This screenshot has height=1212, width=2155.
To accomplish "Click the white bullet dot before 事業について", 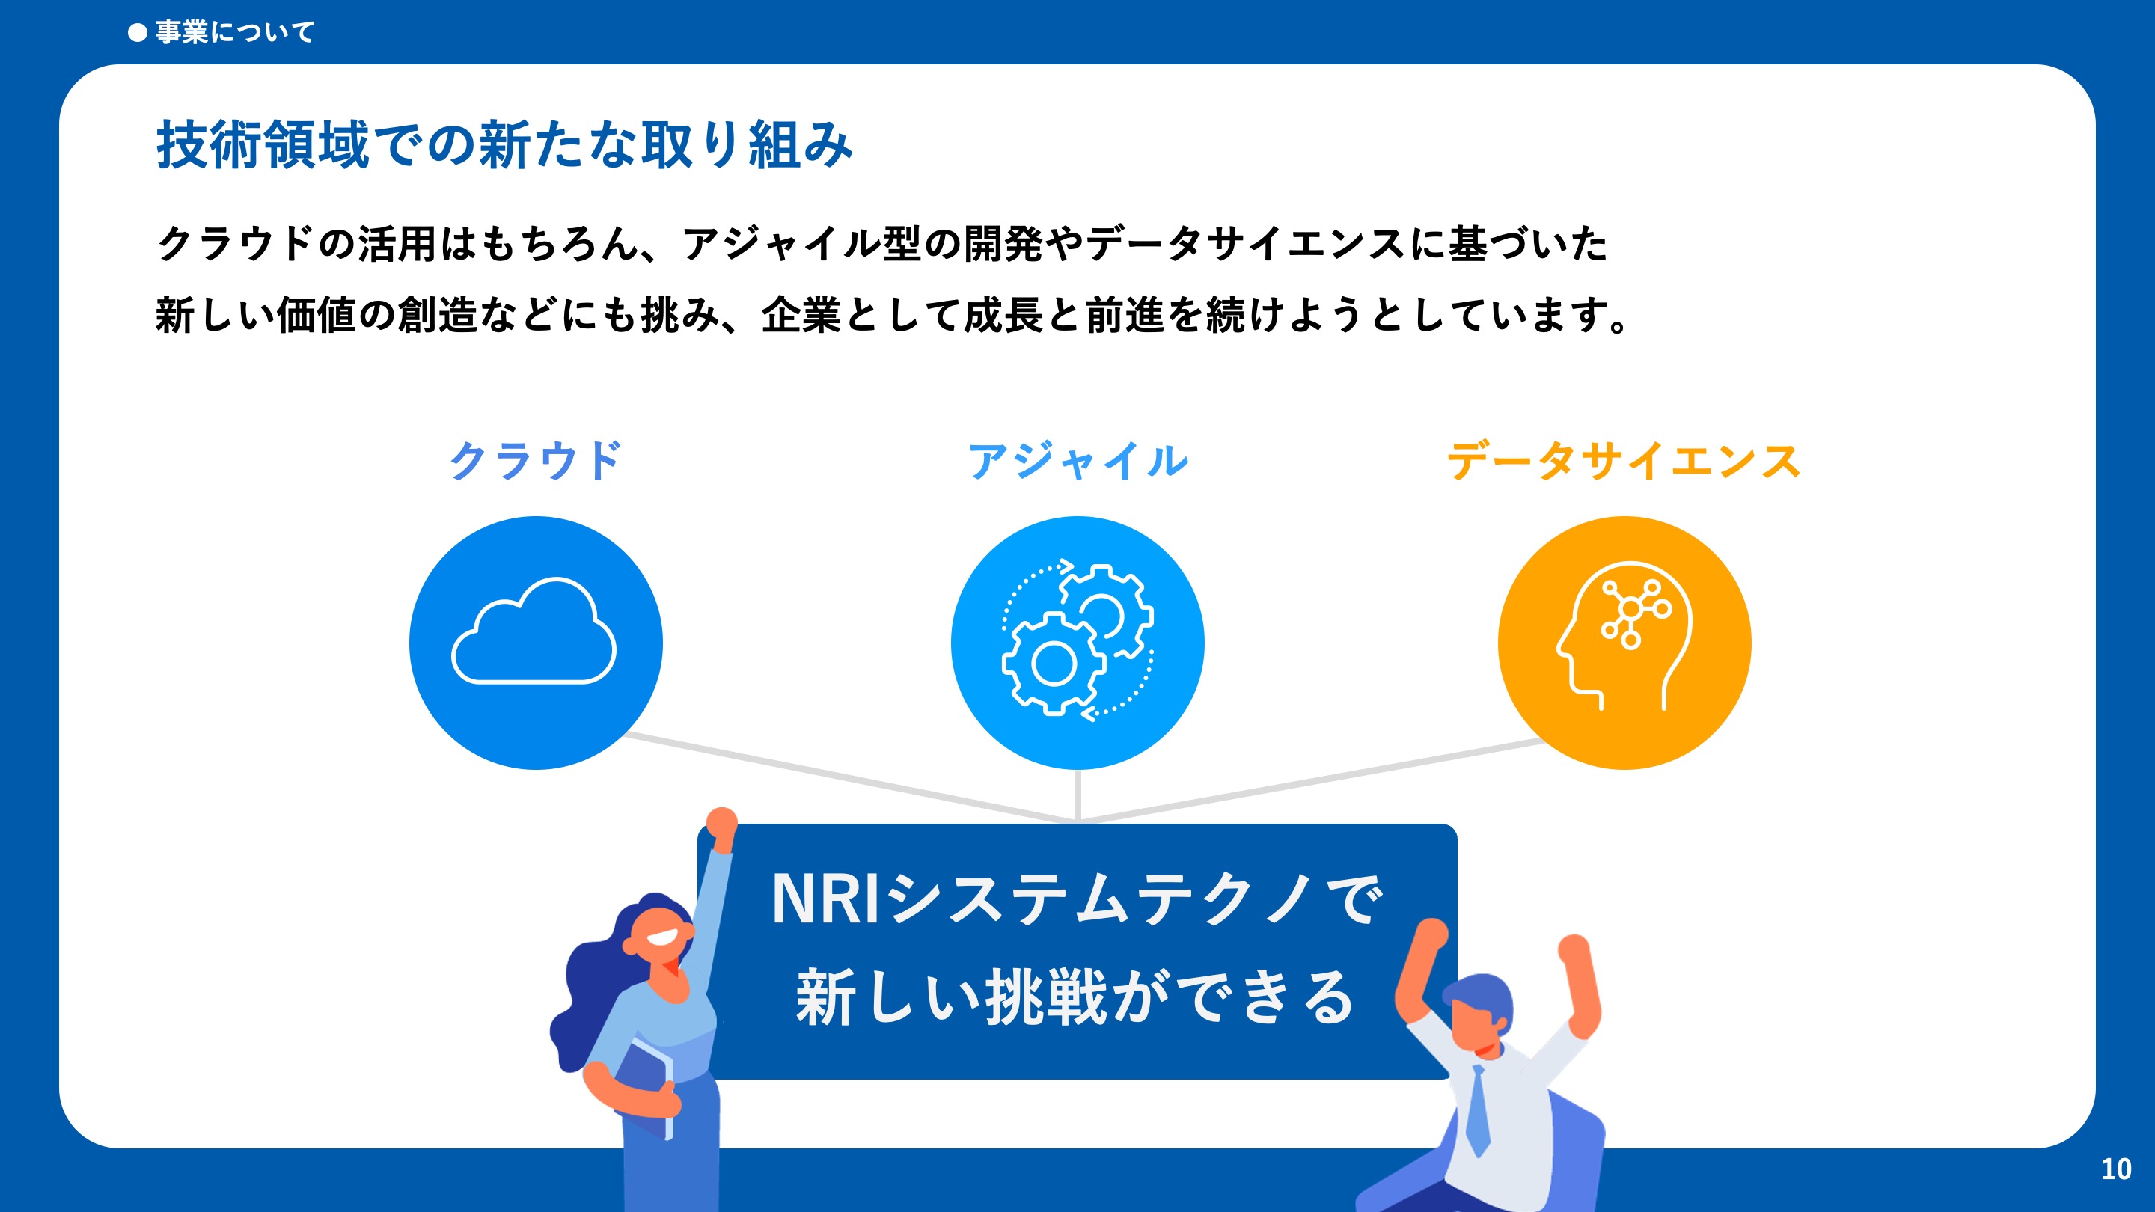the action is pos(137,33).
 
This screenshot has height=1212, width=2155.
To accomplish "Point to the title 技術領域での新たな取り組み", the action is pos(504,144).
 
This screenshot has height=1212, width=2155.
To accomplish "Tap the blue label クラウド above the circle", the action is pos(536,461).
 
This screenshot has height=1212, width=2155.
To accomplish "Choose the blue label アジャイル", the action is pos(1077,461).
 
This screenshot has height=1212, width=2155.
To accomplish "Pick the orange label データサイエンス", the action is pos(1624,461).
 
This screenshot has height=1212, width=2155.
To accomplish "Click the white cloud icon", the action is pos(534,631).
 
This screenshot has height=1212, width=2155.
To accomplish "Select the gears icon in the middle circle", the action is pos(1077,640).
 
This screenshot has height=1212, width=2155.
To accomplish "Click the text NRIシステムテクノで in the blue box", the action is pos(1077,899).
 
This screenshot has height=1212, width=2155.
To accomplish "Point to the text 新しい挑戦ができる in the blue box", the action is pos(1077,997).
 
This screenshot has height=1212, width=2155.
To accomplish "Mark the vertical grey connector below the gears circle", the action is pos(1077,795).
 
